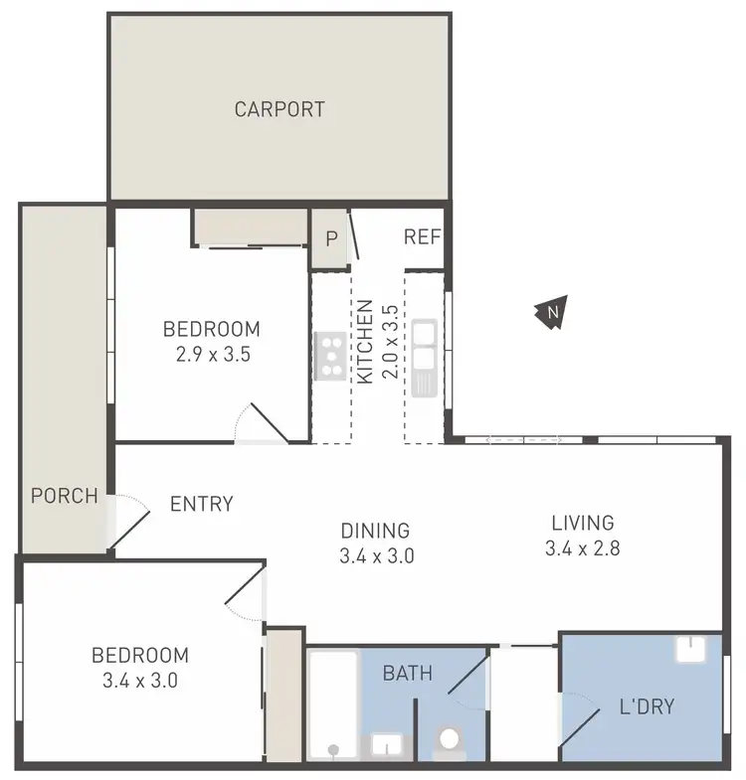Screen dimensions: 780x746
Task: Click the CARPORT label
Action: click(x=280, y=109)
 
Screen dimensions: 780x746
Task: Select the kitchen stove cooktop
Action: click(x=329, y=356)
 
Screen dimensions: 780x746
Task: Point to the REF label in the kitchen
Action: click(x=423, y=237)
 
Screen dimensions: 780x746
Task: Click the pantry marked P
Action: click(x=330, y=238)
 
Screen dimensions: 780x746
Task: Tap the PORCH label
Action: click(x=65, y=495)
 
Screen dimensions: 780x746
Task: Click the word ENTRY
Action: click(x=201, y=504)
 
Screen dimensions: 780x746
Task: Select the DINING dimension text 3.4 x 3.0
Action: click(x=376, y=556)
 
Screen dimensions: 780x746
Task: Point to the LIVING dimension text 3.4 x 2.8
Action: click(x=583, y=547)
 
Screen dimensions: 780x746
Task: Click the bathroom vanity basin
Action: click(x=385, y=744)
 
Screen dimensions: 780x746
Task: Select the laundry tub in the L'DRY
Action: click(x=693, y=649)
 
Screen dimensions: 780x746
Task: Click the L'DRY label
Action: click(x=646, y=707)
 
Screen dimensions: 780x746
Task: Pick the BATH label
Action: click(x=408, y=674)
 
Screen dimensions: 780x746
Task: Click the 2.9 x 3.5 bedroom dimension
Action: click(x=211, y=353)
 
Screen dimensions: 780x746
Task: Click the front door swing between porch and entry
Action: click(x=127, y=519)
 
